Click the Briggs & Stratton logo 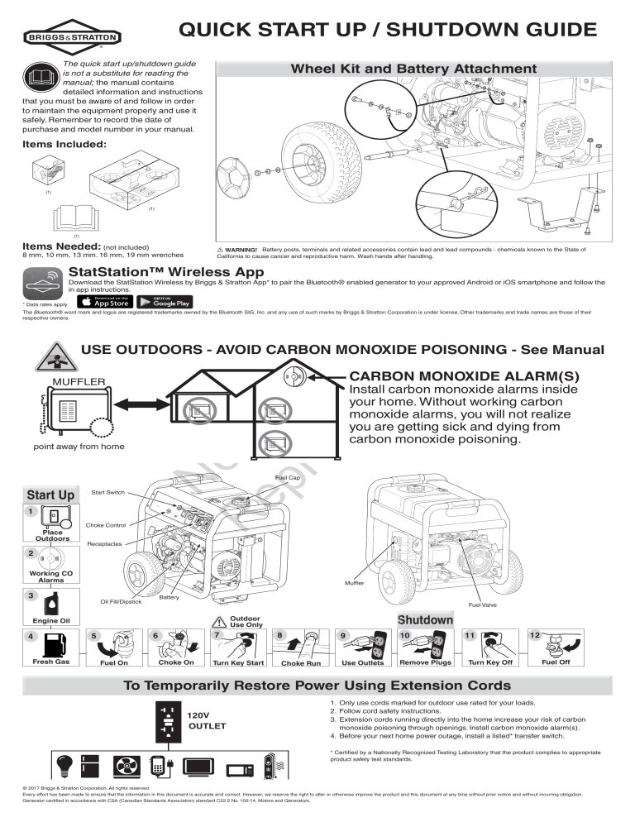pyautogui.click(x=74, y=37)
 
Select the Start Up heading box pyautogui.click(x=51, y=495)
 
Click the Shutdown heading pyautogui.click(x=426, y=619)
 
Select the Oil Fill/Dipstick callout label pyautogui.click(x=121, y=601)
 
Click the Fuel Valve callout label pyautogui.click(x=482, y=605)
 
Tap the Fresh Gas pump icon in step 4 pyautogui.click(x=51, y=645)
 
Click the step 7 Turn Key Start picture pyautogui.click(x=238, y=644)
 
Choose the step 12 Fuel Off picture pyautogui.click(x=554, y=643)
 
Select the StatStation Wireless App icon pyautogui.click(x=45, y=285)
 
